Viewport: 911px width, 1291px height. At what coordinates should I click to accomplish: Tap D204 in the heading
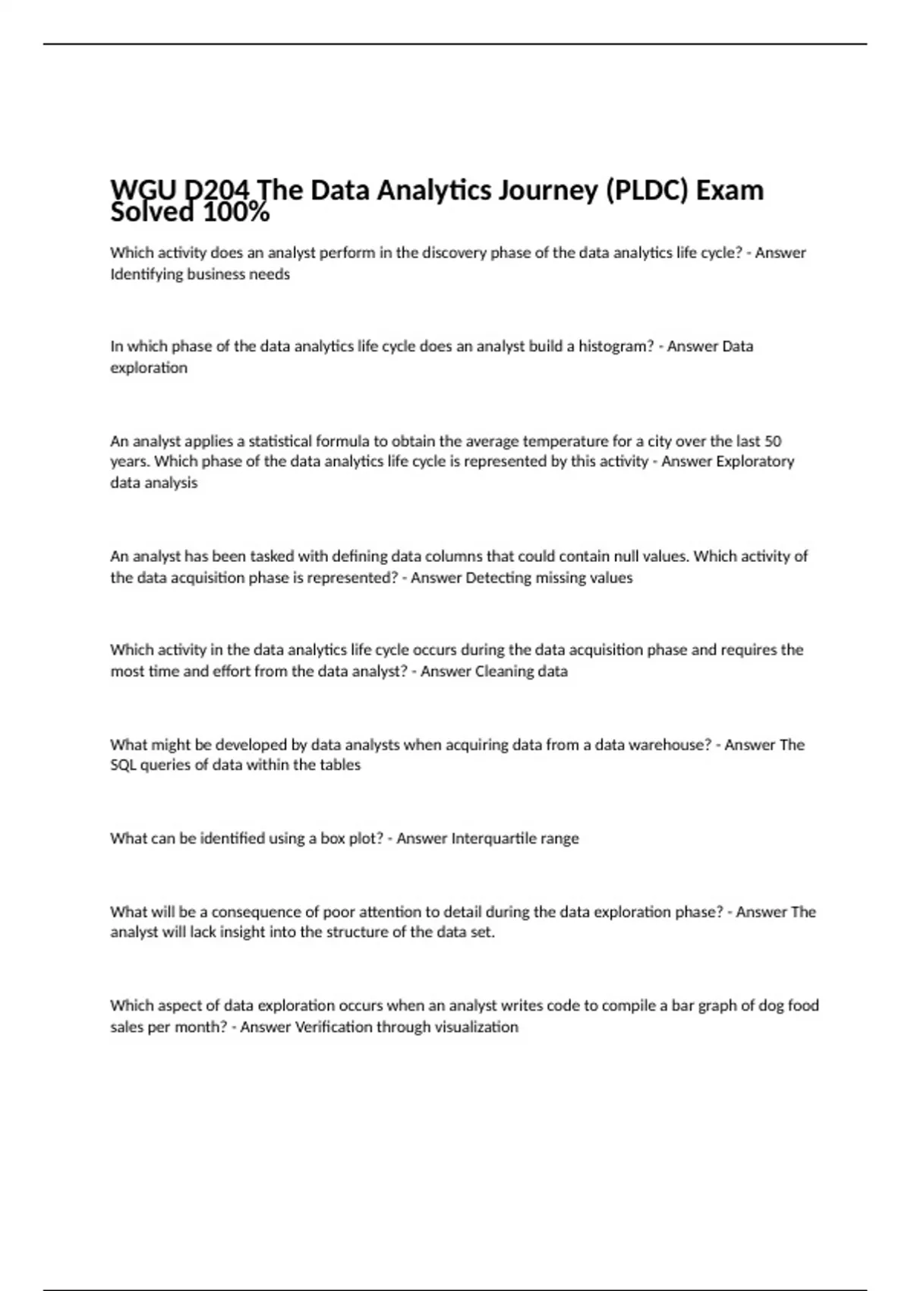(219, 191)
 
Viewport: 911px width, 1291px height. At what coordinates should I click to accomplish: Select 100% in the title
(236, 213)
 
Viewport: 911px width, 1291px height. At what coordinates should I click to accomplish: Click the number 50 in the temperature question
(773, 441)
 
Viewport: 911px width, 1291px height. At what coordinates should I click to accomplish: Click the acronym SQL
(123, 765)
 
